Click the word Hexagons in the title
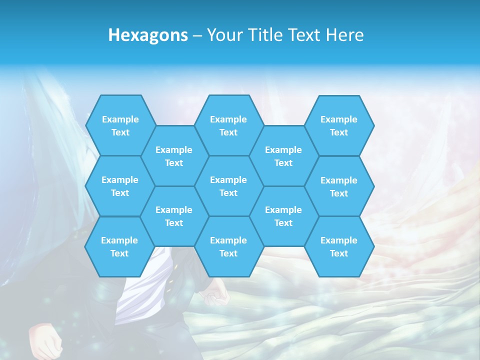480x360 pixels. click(x=148, y=35)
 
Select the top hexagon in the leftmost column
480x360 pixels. click(x=120, y=125)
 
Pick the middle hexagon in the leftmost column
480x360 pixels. click(x=120, y=186)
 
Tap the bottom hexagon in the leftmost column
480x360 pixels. click(x=119, y=246)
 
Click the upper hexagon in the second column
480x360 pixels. click(x=174, y=156)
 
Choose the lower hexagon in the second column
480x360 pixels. click(x=174, y=216)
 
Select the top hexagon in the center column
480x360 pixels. click(x=228, y=125)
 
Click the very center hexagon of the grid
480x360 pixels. click(x=228, y=186)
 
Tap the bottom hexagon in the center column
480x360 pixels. click(x=228, y=246)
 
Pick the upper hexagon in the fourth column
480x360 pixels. click(x=283, y=156)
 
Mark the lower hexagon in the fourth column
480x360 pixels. click(x=283, y=216)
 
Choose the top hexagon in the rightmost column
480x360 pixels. click(x=339, y=125)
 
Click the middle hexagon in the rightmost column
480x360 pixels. click(x=339, y=186)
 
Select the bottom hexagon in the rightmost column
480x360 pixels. click(x=339, y=246)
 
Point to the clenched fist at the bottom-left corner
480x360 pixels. click(x=45, y=340)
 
